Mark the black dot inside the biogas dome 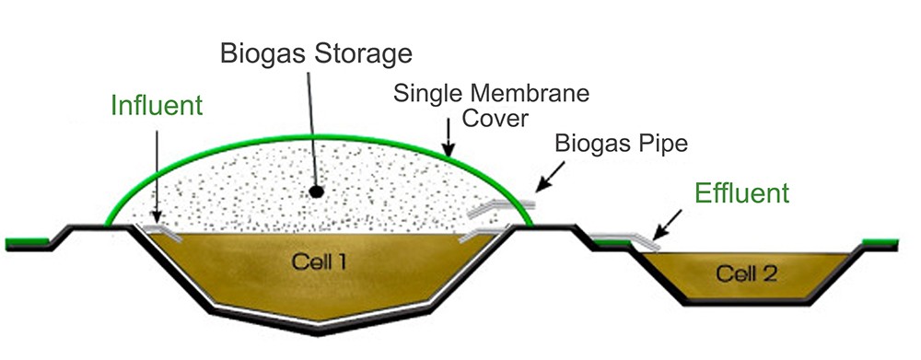316,192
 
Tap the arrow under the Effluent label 669,223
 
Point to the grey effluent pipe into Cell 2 626,241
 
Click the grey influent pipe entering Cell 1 160,228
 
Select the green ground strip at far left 26,244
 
